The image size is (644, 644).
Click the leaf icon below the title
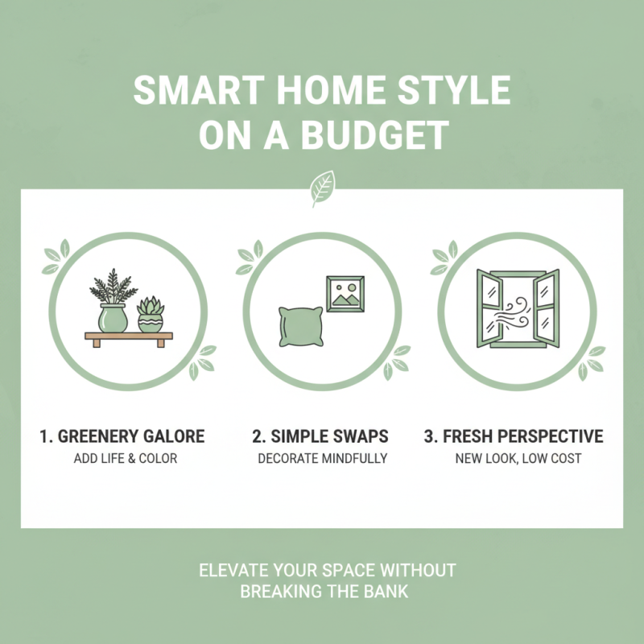322,190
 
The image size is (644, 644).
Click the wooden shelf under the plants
128,337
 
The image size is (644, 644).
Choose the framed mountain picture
345,293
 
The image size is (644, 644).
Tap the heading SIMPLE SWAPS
320,437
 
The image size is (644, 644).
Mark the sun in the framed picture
339,286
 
